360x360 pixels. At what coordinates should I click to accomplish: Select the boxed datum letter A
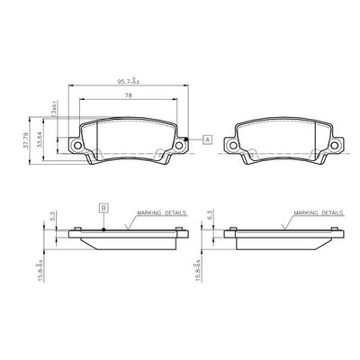click(x=208, y=139)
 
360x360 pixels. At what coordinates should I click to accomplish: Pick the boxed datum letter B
click(x=105, y=209)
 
